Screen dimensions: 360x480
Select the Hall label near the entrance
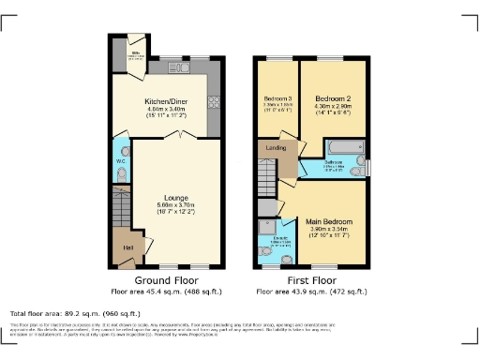[126, 247]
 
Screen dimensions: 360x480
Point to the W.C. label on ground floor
[121, 162]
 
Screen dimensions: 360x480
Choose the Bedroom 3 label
[277, 99]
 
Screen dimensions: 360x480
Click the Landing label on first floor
[277, 147]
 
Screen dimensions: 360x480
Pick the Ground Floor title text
[165, 279]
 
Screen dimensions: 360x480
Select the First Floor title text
[311, 279]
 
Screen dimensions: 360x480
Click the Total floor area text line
[75, 313]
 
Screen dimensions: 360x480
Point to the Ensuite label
[271, 238]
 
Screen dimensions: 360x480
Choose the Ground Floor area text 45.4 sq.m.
[165, 292]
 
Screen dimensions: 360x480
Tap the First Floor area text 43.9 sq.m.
[311, 292]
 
